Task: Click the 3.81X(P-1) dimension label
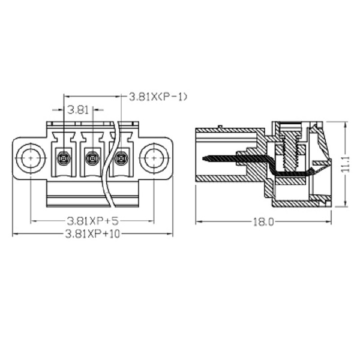click(158, 97)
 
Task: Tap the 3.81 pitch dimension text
click(78, 110)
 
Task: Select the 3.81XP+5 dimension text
click(92, 221)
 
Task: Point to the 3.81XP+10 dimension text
click(92, 234)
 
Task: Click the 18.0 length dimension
click(263, 222)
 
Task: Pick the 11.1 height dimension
click(345, 164)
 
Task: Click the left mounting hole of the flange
click(31, 158)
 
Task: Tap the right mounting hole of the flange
click(154, 158)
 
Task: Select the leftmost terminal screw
click(64, 158)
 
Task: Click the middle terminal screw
click(92, 158)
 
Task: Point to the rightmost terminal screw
click(121, 158)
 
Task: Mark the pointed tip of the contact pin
click(203, 158)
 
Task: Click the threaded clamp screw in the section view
click(290, 152)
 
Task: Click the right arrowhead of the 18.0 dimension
click(329, 222)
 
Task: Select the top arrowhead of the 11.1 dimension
click(345, 125)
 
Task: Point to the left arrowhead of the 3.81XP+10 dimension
click(15, 234)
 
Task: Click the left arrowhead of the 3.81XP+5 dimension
click(34, 221)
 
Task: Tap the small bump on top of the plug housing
click(220, 127)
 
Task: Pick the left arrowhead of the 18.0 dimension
click(199, 222)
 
